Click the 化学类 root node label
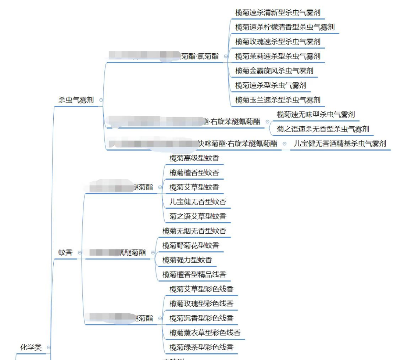(x=31, y=347)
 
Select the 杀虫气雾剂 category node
(x=76, y=100)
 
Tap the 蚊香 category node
(x=65, y=252)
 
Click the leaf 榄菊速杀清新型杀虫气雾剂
(x=278, y=12)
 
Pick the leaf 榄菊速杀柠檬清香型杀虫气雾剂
(x=285, y=27)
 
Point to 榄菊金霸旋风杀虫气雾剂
(x=274, y=71)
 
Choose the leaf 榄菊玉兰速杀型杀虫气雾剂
(x=278, y=100)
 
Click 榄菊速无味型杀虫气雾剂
(x=316, y=115)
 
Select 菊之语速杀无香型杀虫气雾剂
(x=323, y=129)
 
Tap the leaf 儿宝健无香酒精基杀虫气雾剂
(x=340, y=144)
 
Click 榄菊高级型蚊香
(x=194, y=158)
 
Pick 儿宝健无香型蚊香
(x=198, y=202)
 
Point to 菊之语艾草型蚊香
(x=198, y=216)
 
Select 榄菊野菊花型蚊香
(x=191, y=245)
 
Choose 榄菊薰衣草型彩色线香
(x=205, y=333)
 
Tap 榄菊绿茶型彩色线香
(x=201, y=347)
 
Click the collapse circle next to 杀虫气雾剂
(x=101, y=100)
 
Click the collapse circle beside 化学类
(x=49, y=347)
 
